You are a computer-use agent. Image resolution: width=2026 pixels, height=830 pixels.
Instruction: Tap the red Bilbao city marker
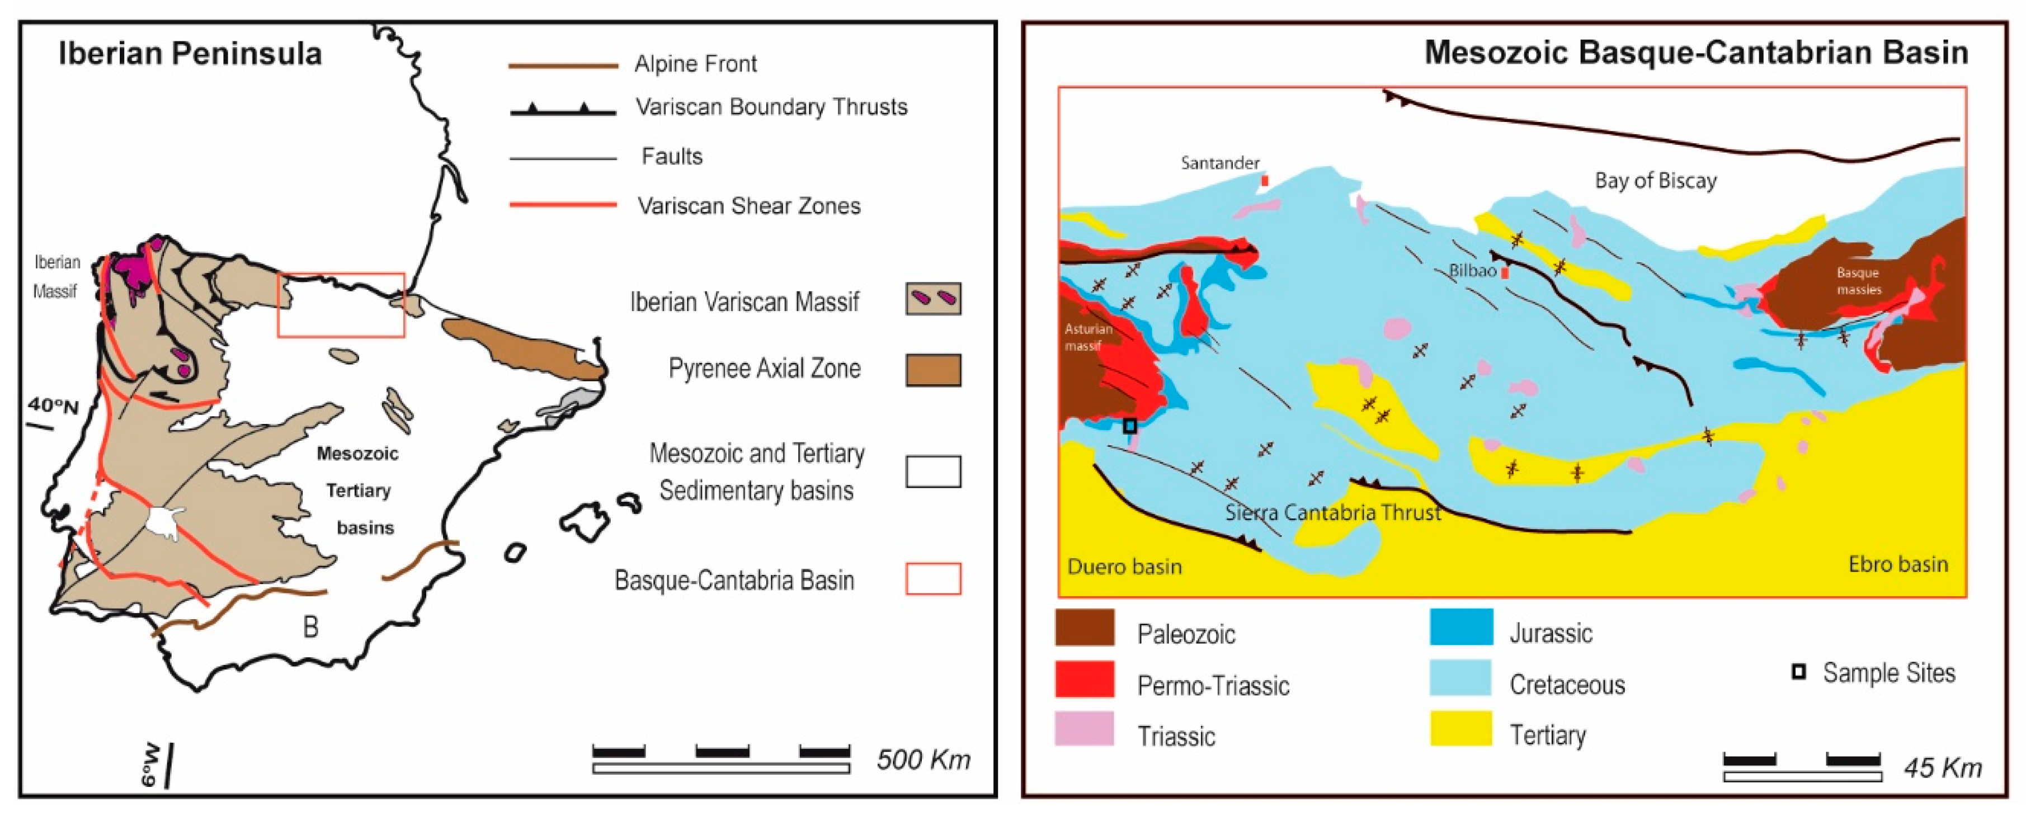pos(1505,273)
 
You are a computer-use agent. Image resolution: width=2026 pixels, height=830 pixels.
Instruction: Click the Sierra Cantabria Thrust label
pos(1332,513)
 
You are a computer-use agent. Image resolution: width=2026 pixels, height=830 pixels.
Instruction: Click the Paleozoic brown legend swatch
pos(1084,628)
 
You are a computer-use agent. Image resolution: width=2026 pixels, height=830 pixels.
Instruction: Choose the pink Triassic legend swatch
pos(1084,729)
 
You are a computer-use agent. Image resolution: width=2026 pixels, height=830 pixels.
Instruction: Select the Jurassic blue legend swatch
pos(1460,627)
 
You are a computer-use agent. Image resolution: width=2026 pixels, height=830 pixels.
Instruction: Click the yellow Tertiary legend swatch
pos(1460,729)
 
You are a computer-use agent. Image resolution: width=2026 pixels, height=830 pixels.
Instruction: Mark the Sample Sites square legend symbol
pos(1798,672)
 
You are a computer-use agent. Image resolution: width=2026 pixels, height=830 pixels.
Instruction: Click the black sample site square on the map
pos(1129,426)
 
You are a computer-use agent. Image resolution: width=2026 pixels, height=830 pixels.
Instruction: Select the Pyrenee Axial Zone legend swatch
pos(933,370)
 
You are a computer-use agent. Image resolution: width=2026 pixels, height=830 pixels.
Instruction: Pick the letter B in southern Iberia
pos(310,627)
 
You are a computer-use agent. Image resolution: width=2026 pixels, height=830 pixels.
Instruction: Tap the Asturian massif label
pos(1088,337)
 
